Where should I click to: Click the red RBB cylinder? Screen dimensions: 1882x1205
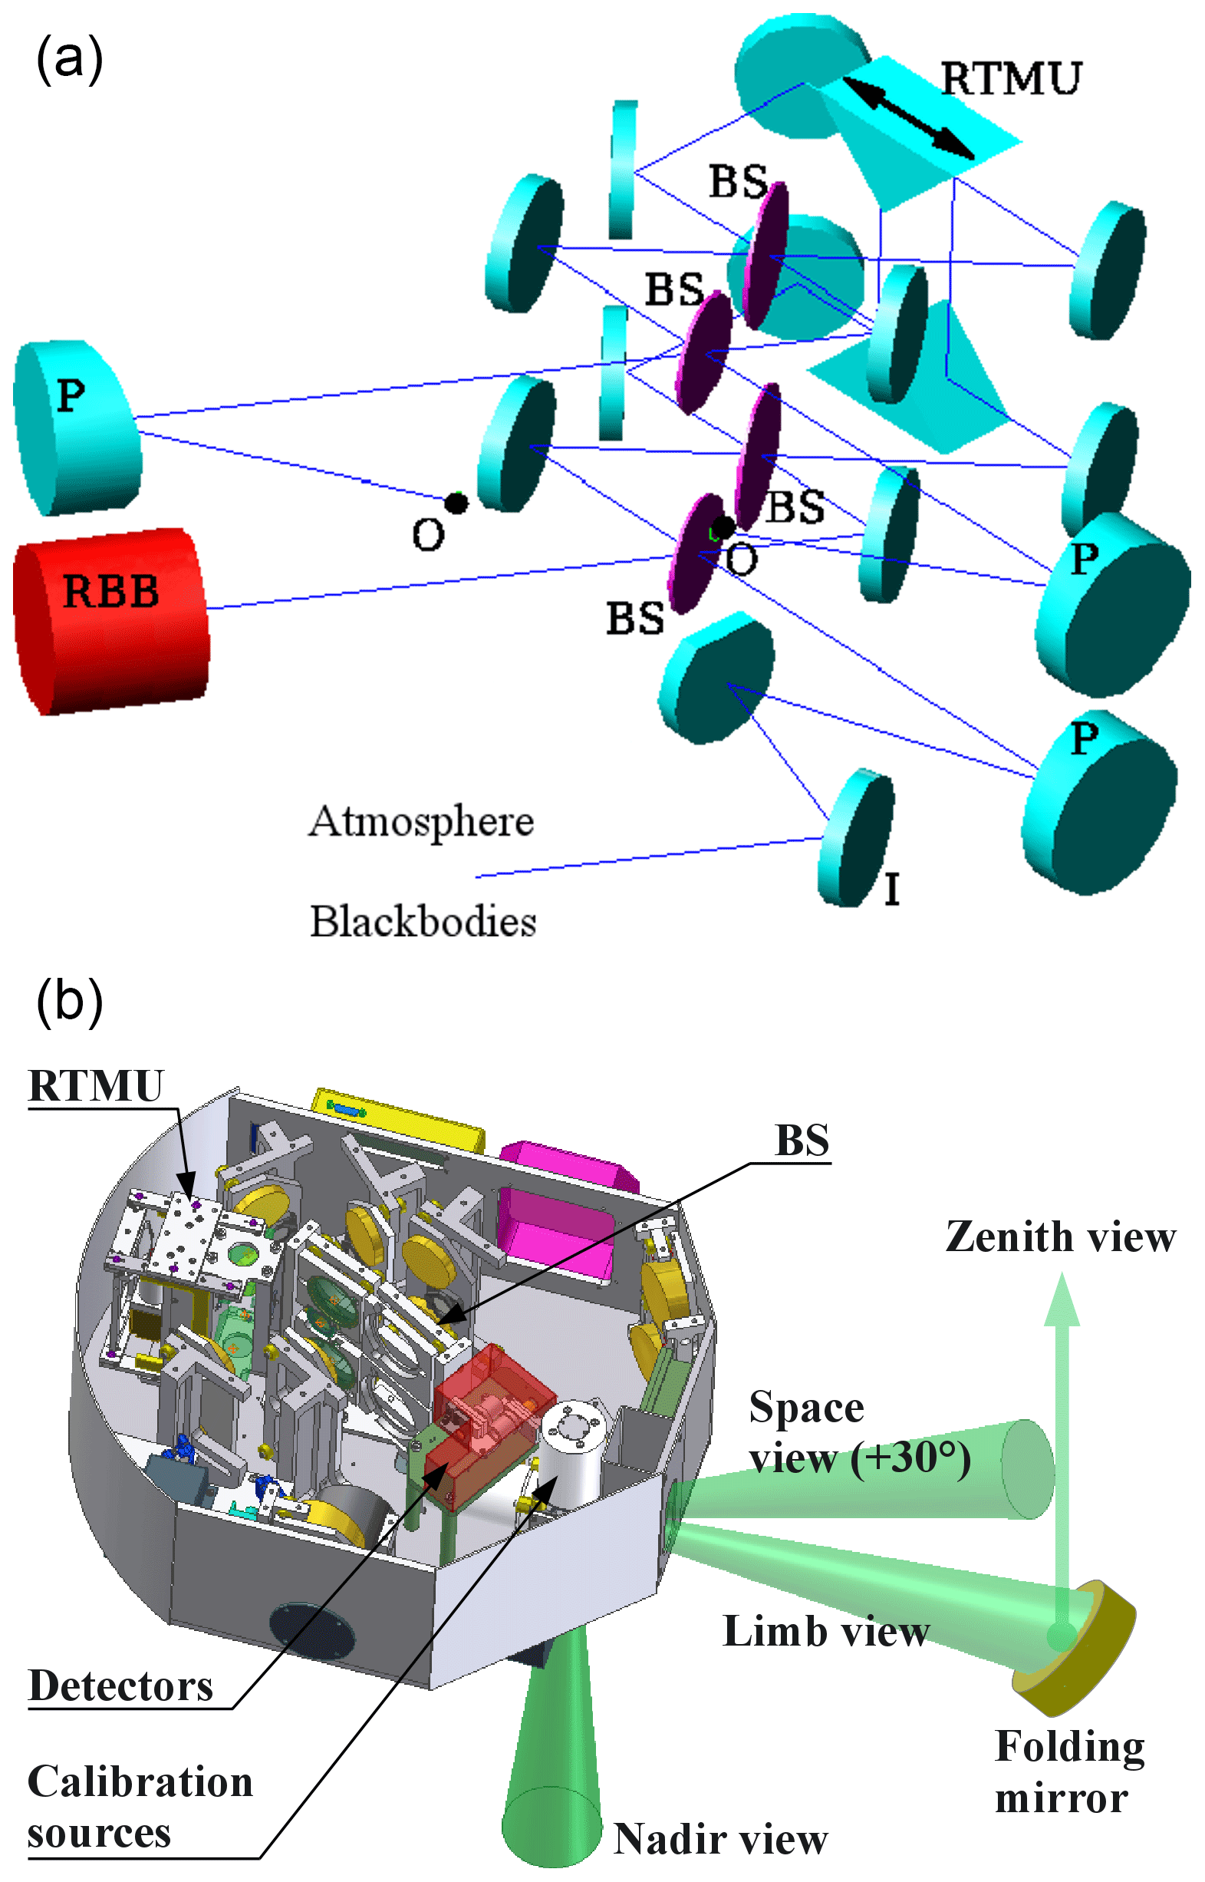[111, 620]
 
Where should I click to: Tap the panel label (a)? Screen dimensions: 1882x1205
[69, 60]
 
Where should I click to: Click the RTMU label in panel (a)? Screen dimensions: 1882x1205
[1010, 78]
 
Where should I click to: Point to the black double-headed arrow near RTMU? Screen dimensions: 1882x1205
[908, 117]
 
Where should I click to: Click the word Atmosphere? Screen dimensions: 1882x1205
[421, 822]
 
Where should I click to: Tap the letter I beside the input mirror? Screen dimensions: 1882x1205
[891, 890]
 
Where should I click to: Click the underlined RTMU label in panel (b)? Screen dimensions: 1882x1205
[95, 1086]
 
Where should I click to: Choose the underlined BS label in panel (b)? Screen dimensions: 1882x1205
[802, 1140]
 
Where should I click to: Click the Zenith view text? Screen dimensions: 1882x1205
[1060, 1238]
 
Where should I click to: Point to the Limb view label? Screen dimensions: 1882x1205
[825, 1632]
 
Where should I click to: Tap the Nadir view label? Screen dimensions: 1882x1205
[720, 1839]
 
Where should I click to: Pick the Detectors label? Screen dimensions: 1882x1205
[120, 1686]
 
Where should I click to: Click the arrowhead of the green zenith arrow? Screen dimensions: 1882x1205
[1062, 1300]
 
